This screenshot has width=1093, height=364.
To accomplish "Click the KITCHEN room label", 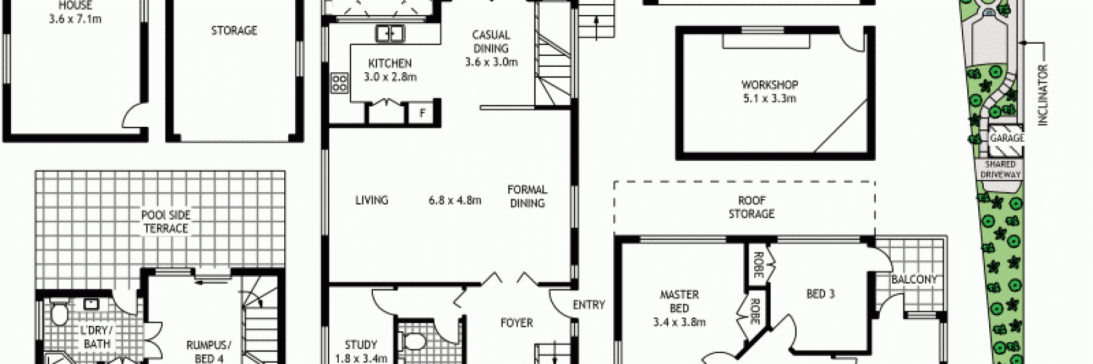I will (x=390, y=63).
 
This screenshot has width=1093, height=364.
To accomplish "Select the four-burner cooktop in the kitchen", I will (x=339, y=83).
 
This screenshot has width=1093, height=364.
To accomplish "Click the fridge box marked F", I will (x=422, y=113).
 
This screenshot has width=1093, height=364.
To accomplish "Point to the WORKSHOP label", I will (x=769, y=85).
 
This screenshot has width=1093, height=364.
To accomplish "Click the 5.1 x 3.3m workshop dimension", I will (x=769, y=98).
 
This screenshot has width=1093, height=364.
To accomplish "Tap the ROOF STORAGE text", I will (x=751, y=207).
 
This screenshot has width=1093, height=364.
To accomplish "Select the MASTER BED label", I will (x=679, y=302).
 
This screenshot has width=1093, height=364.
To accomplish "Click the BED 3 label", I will (x=820, y=294).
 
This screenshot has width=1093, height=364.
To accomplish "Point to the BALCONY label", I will (x=914, y=280).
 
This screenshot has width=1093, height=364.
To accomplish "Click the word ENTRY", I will (x=588, y=305).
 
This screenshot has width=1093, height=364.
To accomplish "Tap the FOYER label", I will (x=517, y=323).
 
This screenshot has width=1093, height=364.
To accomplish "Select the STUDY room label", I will (x=361, y=345).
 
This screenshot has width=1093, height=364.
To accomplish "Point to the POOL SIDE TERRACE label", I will (x=166, y=221).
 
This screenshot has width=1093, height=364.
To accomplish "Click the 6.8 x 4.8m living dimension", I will (x=455, y=200).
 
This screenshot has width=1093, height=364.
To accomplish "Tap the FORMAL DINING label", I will (x=527, y=197).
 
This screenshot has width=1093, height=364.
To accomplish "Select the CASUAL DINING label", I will (x=491, y=42).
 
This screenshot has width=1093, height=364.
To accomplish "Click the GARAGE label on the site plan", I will (x=1007, y=138).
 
